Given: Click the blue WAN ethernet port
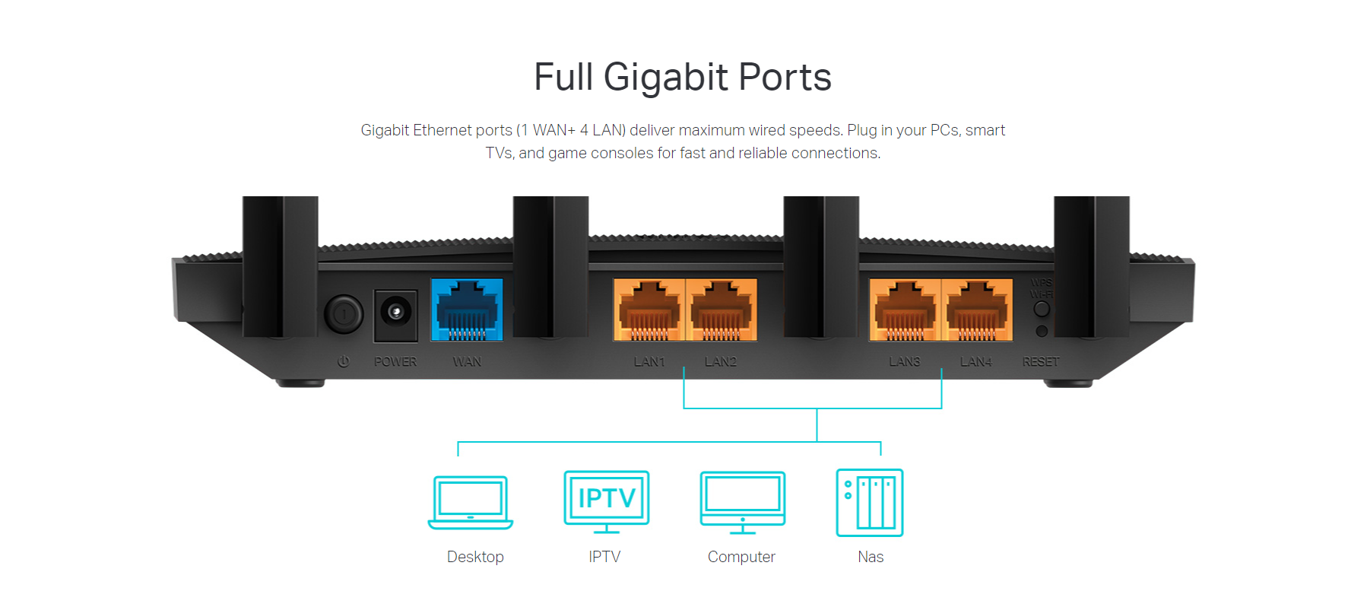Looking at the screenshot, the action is pos(467,310).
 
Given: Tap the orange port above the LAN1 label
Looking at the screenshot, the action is pos(649,310).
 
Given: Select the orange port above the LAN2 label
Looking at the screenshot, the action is pos(722,310).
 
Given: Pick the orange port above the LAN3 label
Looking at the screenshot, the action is pos(905,310).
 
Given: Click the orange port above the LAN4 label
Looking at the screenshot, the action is pos(977,310).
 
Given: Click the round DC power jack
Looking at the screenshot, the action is pos(395,312).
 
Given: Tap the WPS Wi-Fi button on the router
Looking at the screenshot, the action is pos(1042,309).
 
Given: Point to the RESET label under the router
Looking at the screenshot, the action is pos(1041,362).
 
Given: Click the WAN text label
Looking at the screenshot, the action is pos(467,362).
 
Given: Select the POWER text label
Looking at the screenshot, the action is pos(395,362).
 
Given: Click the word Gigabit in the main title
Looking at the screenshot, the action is pos(666,78).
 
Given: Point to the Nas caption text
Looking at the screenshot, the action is pos(871,557).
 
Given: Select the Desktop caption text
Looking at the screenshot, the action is pos(475,557).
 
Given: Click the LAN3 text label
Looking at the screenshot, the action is pos(905,362).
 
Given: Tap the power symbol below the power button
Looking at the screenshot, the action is pos(344,362).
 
